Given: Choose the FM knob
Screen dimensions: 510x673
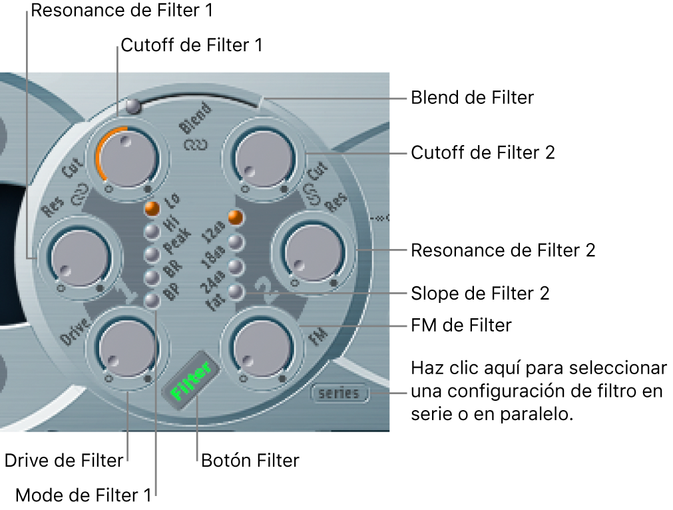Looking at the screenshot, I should click(260, 346).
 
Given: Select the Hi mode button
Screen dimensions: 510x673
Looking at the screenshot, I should click(152, 231).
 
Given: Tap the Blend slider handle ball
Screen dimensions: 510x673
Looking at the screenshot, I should click(133, 105).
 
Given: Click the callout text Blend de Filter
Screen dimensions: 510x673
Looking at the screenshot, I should click(472, 98).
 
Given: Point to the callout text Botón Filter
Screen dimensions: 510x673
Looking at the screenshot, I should click(250, 460).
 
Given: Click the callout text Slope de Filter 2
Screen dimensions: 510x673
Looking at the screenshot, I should click(480, 293).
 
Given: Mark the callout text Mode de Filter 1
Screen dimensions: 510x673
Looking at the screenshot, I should click(83, 495).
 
